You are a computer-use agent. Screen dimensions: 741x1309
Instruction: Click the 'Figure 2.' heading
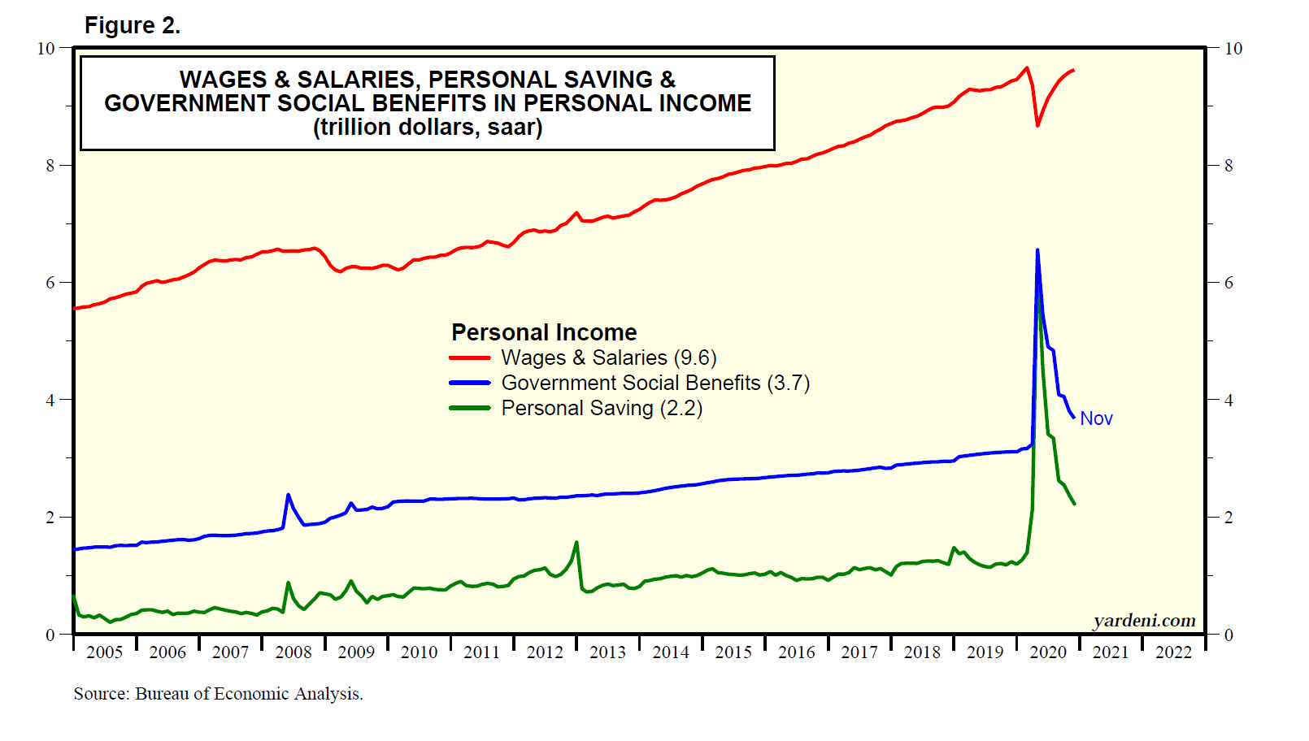(132, 26)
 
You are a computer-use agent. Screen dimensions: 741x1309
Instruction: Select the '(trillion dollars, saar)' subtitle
(428, 128)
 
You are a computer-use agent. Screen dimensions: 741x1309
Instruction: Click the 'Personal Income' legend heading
(544, 332)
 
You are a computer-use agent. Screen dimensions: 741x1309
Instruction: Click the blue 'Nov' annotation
(1096, 418)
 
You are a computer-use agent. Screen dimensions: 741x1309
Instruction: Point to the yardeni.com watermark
(1144, 621)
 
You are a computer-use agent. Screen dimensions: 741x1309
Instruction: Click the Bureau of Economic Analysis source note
(219, 694)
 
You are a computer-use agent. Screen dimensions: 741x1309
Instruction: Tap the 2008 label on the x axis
(294, 652)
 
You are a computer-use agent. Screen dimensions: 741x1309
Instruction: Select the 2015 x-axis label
(733, 652)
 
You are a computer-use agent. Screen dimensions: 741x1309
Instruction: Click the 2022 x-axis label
(1173, 652)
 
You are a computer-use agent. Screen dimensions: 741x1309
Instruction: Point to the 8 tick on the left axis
(50, 166)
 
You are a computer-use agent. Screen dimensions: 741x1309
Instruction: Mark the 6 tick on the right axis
(1229, 283)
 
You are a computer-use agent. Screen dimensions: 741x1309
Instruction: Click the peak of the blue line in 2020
(1037, 250)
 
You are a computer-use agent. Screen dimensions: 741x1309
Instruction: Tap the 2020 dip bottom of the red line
(1037, 125)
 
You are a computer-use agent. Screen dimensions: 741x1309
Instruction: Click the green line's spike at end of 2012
(576, 542)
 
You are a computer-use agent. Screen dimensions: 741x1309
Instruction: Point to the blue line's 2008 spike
(288, 495)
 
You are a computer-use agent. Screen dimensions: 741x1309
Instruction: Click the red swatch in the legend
(470, 357)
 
